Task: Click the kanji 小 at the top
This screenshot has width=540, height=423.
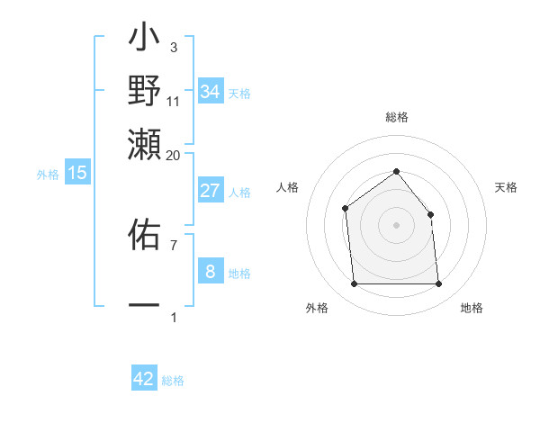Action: tap(144, 41)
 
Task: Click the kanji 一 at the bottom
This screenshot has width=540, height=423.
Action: tap(144, 305)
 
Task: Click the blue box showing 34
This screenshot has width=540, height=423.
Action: tap(210, 92)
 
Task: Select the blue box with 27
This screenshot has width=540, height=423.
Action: tap(210, 191)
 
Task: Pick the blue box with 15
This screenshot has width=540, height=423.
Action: tap(76, 173)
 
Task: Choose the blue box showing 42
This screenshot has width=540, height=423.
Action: tap(144, 379)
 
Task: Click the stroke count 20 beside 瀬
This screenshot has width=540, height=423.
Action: tap(173, 155)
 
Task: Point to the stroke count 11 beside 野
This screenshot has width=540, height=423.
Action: tap(173, 101)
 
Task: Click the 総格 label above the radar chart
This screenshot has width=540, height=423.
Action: tap(396, 117)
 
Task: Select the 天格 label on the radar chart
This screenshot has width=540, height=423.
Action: tap(507, 187)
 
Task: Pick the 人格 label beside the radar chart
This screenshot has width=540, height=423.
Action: tap(287, 187)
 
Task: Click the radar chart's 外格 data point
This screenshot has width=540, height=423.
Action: tap(354, 284)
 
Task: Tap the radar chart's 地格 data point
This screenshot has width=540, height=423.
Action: tap(438, 284)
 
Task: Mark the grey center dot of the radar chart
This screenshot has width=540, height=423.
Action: tap(396, 225)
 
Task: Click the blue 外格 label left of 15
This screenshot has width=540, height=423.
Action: tap(48, 175)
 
